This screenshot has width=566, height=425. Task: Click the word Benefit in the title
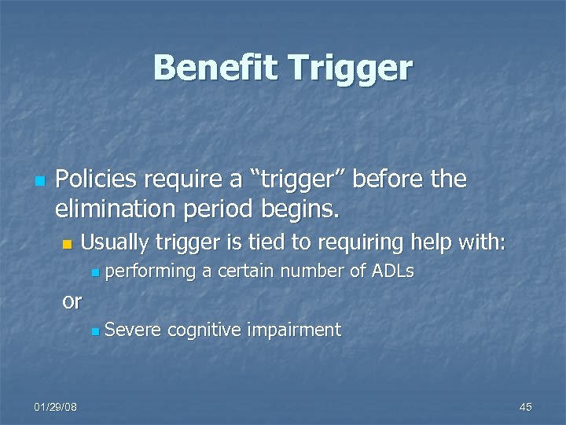[215, 68]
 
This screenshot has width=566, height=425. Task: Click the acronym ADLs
[391, 272]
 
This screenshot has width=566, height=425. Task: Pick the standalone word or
[72, 300]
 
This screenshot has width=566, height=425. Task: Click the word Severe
[130, 330]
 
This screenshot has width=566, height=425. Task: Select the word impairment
[294, 330]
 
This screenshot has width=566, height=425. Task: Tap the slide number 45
[526, 406]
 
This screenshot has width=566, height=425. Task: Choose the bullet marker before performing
[94, 273]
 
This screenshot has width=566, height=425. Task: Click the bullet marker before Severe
[94, 331]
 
